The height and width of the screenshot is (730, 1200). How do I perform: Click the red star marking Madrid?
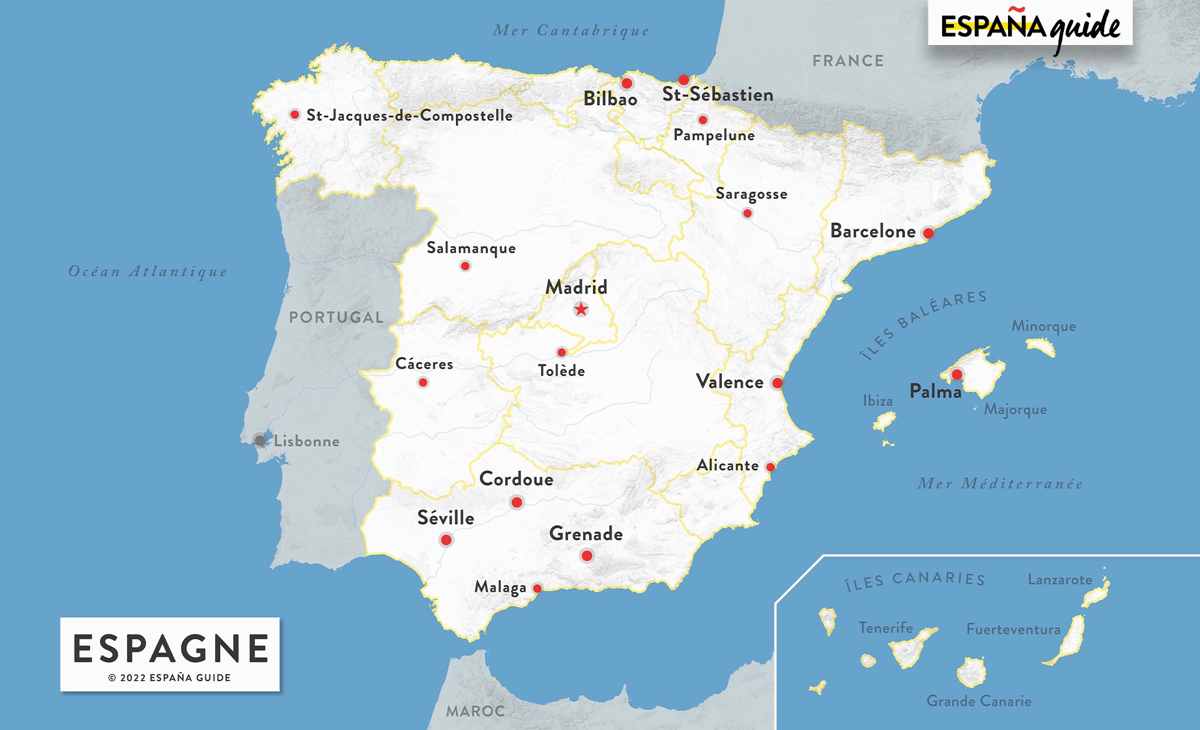point(581,309)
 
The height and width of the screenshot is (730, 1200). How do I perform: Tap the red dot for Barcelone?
point(928,233)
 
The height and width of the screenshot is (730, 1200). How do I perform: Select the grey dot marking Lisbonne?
point(260,441)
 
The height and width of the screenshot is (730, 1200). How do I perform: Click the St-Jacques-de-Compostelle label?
point(409,115)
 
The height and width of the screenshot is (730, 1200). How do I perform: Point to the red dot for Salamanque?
point(465,266)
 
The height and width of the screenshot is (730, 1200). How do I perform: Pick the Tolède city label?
point(561,371)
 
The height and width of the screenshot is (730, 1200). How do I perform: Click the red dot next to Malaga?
point(538,588)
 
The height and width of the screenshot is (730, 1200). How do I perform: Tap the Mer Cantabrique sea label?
point(571,31)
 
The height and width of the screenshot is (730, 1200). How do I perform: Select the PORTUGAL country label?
point(336,317)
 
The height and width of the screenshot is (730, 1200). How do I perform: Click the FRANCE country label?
point(848,61)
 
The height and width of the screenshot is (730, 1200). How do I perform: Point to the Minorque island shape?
point(1041,346)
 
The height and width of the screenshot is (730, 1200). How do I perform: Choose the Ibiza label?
point(877,400)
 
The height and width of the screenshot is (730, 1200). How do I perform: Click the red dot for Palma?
point(957,375)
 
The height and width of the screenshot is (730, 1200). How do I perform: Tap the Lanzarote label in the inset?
point(1060,580)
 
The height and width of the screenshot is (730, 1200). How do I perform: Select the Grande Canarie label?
point(979,701)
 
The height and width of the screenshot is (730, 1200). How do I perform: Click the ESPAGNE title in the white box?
point(170,648)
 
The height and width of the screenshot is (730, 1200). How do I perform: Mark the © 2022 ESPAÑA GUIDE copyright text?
point(170,678)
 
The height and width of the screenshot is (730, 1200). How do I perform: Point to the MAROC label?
point(475,711)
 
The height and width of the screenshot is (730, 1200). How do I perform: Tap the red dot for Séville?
point(446,540)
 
